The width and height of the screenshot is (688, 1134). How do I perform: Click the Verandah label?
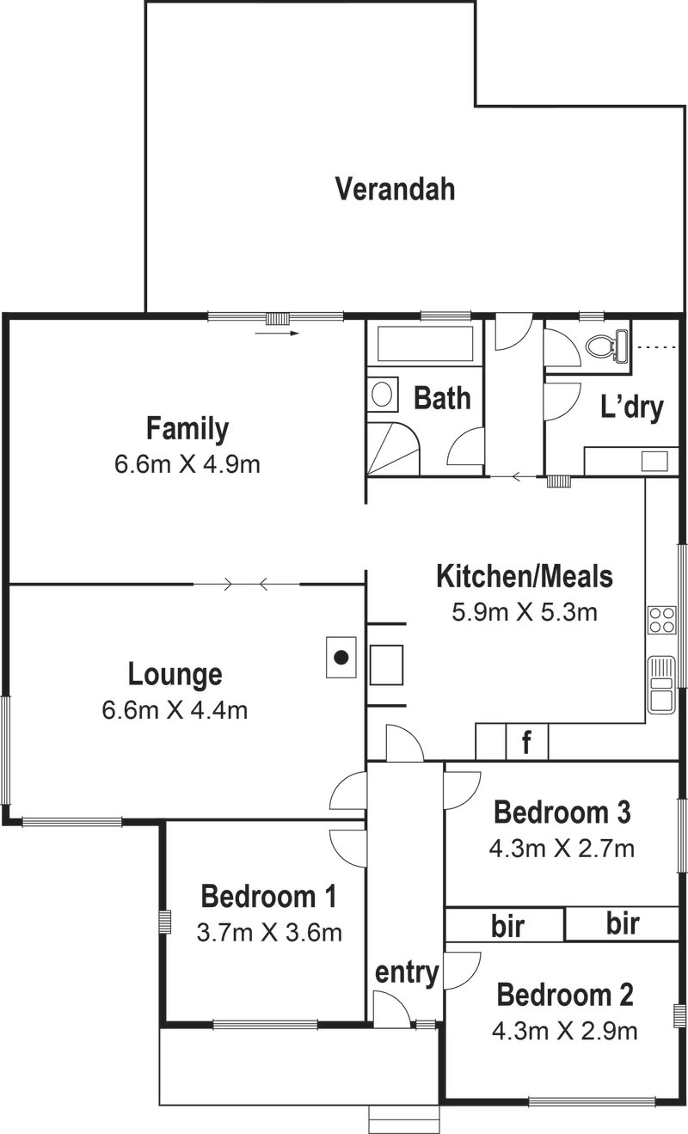click(396, 189)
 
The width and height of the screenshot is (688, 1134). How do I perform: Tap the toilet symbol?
click(607, 346)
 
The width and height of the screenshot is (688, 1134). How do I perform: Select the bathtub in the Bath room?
click(425, 344)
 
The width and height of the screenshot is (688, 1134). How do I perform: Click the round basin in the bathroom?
click(382, 394)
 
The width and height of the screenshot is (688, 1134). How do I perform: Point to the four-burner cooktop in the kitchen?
click(662, 620)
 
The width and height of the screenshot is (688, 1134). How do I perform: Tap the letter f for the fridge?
click(526, 742)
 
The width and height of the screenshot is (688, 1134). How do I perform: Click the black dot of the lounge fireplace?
click(342, 658)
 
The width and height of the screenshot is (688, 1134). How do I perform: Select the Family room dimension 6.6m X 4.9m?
click(187, 464)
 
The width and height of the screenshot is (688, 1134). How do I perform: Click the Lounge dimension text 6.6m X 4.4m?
click(175, 710)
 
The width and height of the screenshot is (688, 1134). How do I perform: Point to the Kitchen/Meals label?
click(525, 577)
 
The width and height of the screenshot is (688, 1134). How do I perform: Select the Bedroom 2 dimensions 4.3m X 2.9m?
click(564, 1031)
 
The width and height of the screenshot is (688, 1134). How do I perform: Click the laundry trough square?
click(654, 461)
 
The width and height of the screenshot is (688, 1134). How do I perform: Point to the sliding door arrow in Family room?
click(277, 333)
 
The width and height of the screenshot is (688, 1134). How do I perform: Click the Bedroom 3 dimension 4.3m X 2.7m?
click(562, 849)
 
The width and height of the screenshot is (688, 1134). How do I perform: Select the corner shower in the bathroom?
click(393, 449)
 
